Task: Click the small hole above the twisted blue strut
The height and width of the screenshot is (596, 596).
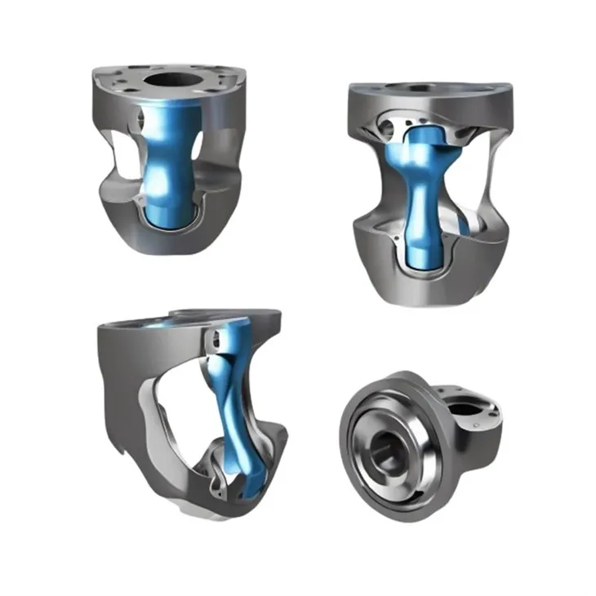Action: click(216, 336)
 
